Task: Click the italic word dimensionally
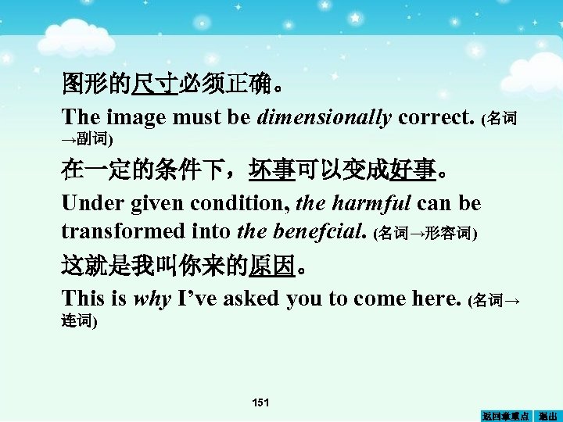point(325,118)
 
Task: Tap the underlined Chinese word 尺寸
point(155,83)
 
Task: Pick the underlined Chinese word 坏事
point(272,169)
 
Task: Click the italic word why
point(152,298)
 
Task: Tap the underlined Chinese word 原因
point(272,268)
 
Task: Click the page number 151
point(260,402)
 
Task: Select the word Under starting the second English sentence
point(88,204)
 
